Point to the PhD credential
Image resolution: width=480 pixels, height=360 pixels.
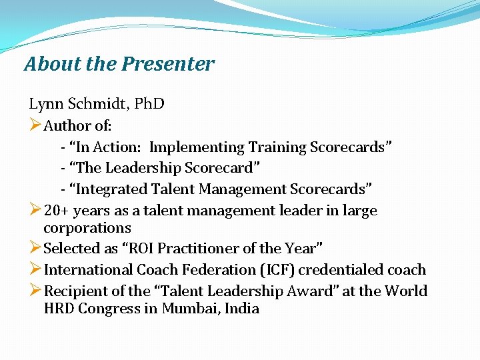[149, 104]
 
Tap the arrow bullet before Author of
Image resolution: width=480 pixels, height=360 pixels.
[35, 125]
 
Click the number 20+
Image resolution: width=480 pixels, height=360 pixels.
[57, 211]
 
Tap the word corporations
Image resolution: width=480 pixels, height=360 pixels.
[87, 227]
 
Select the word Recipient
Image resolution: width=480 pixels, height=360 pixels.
[74, 291]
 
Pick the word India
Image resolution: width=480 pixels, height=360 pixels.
[242, 309]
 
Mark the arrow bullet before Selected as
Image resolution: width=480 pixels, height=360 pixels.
[35, 249]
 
